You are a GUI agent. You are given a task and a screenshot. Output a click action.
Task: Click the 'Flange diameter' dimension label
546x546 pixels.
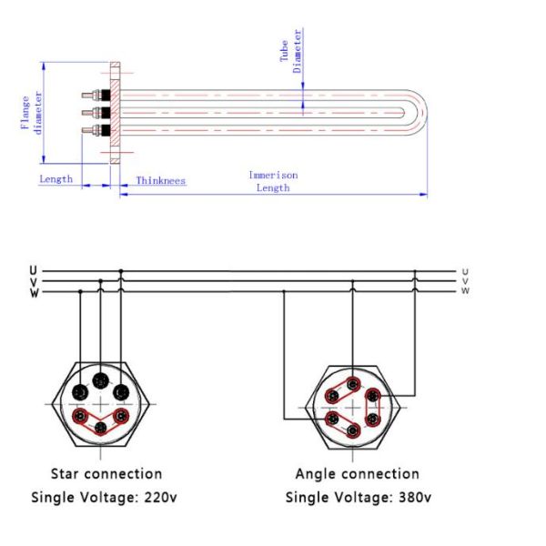pyautogui.click(x=31, y=113)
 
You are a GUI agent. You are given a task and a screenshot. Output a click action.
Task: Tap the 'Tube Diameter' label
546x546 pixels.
pyautogui.click(x=290, y=51)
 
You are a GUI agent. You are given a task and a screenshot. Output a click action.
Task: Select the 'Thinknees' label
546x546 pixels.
pyautogui.click(x=160, y=180)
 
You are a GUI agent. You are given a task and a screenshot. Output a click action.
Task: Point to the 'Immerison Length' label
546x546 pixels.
pyautogui.click(x=273, y=181)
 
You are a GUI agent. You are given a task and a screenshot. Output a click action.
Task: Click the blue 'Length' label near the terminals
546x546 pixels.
pyautogui.click(x=56, y=179)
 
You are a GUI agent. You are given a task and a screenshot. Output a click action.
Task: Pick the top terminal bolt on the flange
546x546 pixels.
pyautogui.click(x=96, y=95)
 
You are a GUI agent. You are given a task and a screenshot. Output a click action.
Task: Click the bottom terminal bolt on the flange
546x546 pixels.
pyautogui.click(x=96, y=130)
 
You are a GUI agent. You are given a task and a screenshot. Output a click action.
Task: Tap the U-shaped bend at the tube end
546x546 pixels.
pyautogui.click(x=417, y=113)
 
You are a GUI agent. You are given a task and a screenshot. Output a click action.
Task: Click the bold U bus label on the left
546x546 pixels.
pyautogui.click(x=33, y=270)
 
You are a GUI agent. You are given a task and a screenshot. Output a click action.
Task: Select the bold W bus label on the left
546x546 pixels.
pyautogui.click(x=35, y=293)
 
